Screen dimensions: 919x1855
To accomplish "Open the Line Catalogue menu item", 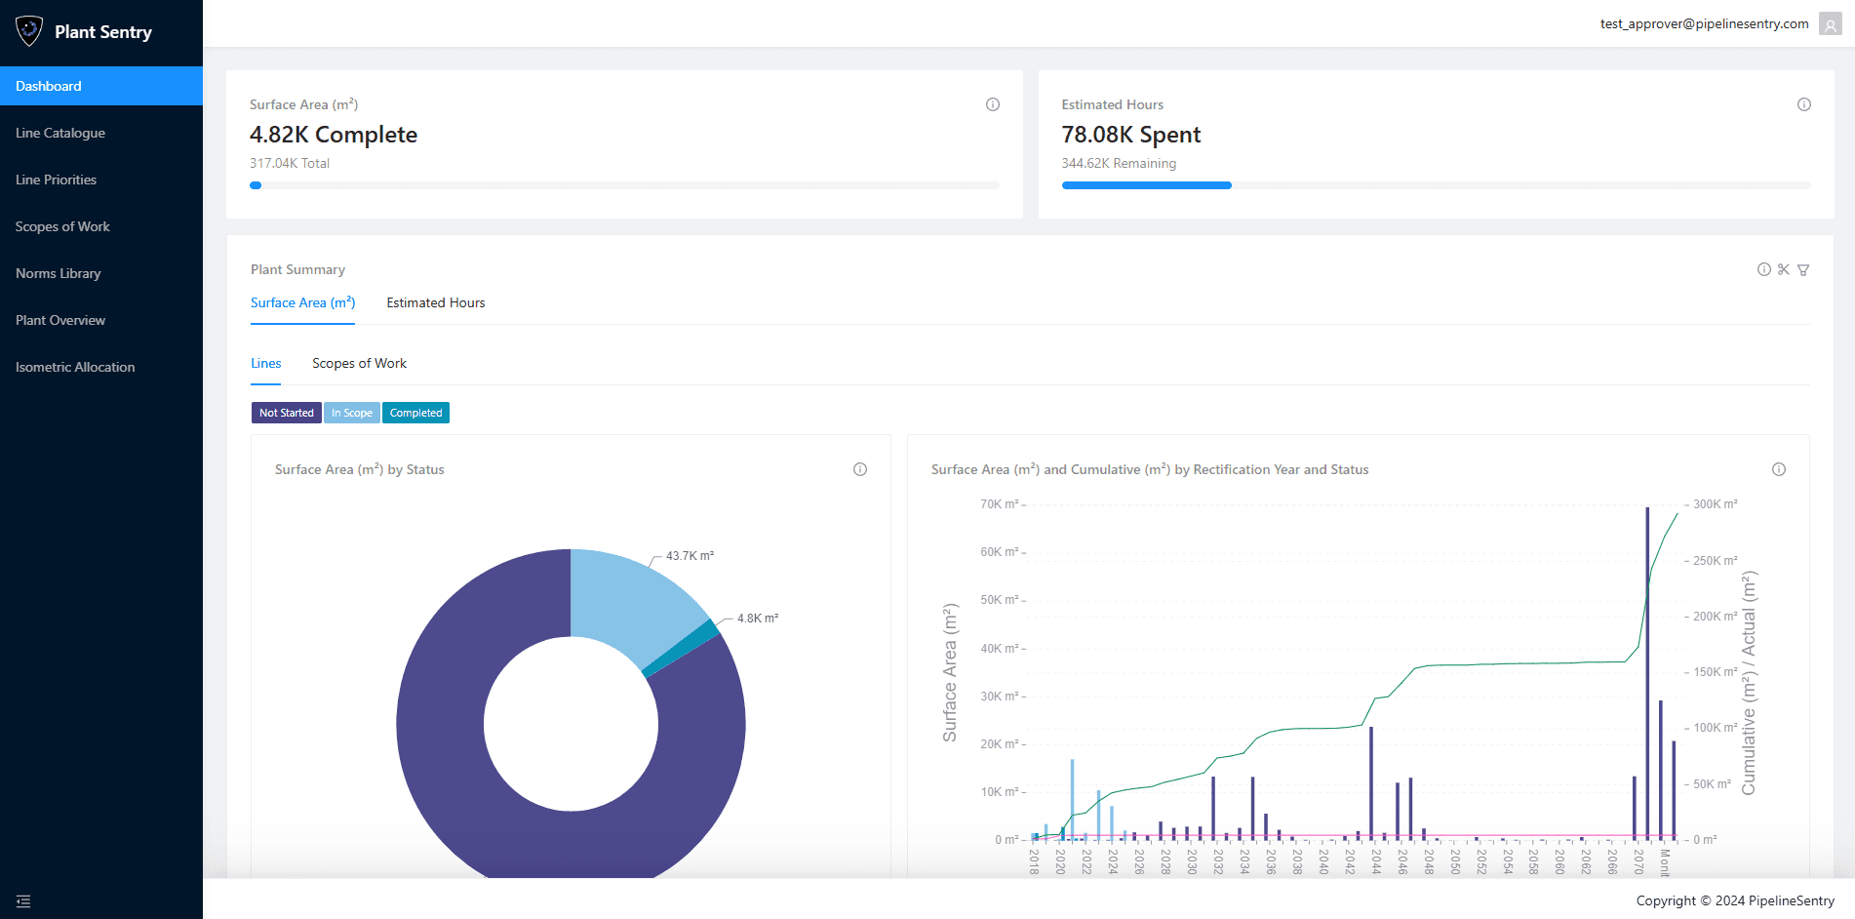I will point(60,133).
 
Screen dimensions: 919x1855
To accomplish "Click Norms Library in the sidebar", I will point(59,273).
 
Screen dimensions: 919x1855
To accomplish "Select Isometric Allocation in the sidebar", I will point(75,367).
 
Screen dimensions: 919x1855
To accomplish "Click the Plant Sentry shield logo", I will point(29,31).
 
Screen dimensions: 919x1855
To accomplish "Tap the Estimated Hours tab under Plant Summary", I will point(435,302).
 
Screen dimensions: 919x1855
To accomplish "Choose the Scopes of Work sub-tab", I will point(359,363).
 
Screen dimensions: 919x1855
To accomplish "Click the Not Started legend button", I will point(286,413).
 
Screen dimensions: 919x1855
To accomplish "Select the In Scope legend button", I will point(351,413).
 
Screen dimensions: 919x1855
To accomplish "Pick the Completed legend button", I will point(415,413).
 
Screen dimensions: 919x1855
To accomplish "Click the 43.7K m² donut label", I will point(690,556).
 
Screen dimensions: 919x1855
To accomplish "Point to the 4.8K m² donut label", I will point(757,619).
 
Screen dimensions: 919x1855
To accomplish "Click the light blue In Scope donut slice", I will point(629,595).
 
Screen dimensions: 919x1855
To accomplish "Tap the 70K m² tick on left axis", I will point(999,504).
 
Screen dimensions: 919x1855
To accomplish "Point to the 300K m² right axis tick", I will point(1715,504).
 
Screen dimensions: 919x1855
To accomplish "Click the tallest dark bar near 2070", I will point(1647,673).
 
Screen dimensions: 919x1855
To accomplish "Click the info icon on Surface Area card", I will point(993,104).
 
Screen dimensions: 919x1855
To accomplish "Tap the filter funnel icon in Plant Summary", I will point(1803,270).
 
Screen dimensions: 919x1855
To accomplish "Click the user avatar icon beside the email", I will point(1830,24).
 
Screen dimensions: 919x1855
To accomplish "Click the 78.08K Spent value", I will point(1130,135).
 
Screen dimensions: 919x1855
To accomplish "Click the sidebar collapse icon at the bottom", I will point(23,901).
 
